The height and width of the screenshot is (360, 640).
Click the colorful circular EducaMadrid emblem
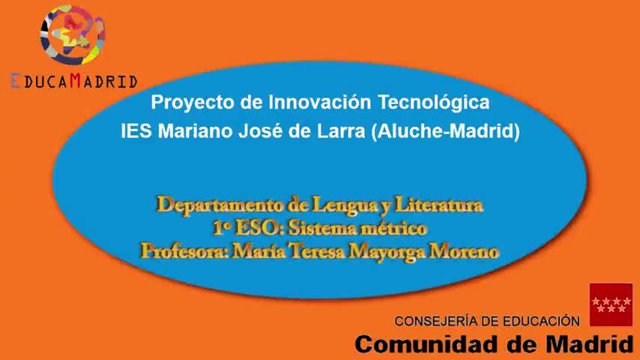[73, 35]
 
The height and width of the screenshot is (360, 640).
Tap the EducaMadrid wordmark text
[74, 81]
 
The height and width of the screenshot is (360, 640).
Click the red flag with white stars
[611, 304]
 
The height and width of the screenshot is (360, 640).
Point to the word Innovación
[319, 102]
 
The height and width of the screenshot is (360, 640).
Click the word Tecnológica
[434, 102]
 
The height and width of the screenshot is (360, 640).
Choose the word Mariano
[195, 131]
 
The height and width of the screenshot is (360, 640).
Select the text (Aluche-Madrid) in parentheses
[446, 131]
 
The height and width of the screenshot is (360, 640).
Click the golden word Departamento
[220, 205]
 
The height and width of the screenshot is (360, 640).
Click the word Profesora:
[184, 251]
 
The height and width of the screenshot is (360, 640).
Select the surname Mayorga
[385, 252]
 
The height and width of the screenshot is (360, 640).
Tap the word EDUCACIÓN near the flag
[541, 321]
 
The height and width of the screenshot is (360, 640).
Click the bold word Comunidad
[428, 344]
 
